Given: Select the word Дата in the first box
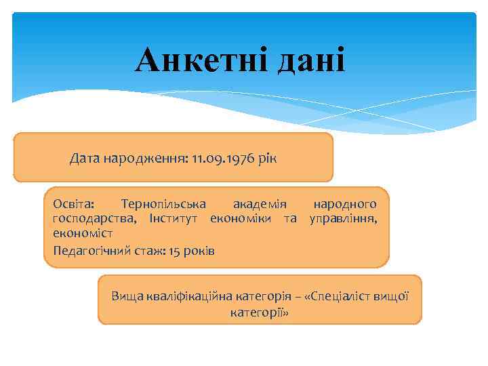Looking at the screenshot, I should click(x=84, y=159).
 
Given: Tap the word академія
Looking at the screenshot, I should click(x=260, y=204).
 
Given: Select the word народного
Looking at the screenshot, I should click(x=345, y=204).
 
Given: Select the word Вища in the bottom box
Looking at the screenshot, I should click(x=126, y=296).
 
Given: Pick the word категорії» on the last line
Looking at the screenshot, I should click(x=260, y=312).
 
